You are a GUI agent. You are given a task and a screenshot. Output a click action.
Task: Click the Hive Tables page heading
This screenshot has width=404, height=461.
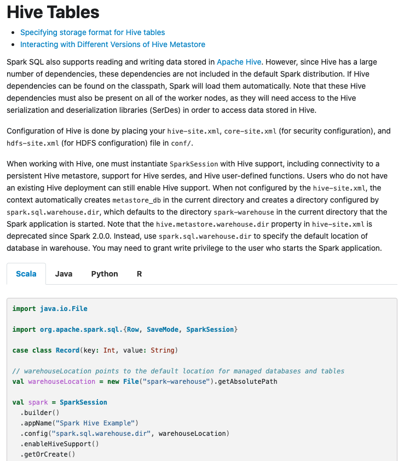pos(53,12)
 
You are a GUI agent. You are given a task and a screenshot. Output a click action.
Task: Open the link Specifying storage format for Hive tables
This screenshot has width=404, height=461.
pos(93,32)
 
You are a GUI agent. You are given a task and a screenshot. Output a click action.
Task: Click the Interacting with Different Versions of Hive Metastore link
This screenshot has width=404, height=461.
pos(113,44)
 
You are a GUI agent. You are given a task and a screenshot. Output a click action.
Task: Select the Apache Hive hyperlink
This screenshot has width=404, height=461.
pos(239,62)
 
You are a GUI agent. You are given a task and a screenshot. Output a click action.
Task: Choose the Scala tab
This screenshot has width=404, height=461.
pos(26,274)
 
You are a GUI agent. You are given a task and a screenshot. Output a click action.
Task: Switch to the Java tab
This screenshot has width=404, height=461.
pos(64,274)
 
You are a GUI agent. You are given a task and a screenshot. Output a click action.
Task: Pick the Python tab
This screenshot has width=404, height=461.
pos(105,274)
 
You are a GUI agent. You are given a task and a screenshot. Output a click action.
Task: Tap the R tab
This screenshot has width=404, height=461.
pos(139,274)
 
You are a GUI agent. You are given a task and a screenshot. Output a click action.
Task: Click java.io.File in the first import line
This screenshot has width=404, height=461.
pos(64,309)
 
